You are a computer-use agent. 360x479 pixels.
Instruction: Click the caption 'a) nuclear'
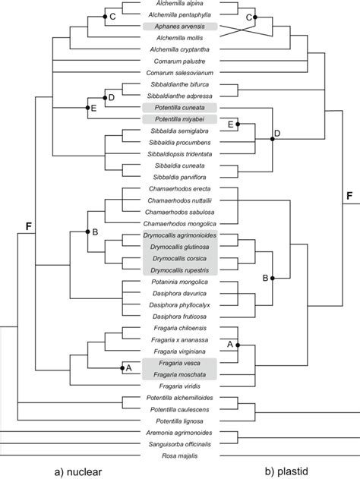click(77, 471)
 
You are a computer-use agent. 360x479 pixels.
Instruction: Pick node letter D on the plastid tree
click(277, 134)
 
